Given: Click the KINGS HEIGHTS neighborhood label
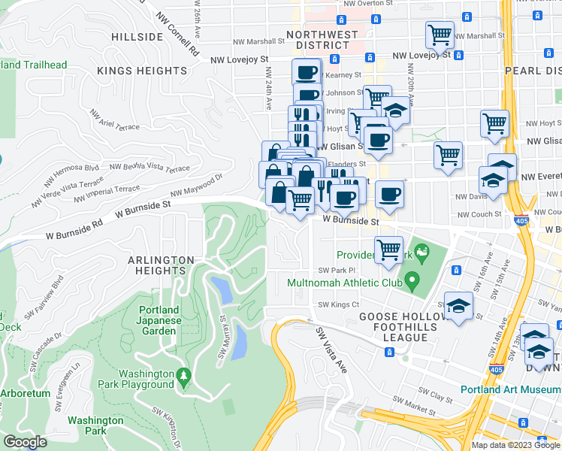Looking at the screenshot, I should point(142,71).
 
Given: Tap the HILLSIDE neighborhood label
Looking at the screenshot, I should point(137,37).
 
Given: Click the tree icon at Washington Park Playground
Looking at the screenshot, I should point(183,374).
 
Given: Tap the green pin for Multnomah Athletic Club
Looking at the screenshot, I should point(411,283).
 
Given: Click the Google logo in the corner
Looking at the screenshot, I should point(25,442).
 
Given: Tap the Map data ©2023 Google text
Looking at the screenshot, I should point(515,445).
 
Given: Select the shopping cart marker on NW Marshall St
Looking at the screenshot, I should point(440,33).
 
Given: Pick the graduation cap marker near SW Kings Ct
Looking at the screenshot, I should point(458,305).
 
